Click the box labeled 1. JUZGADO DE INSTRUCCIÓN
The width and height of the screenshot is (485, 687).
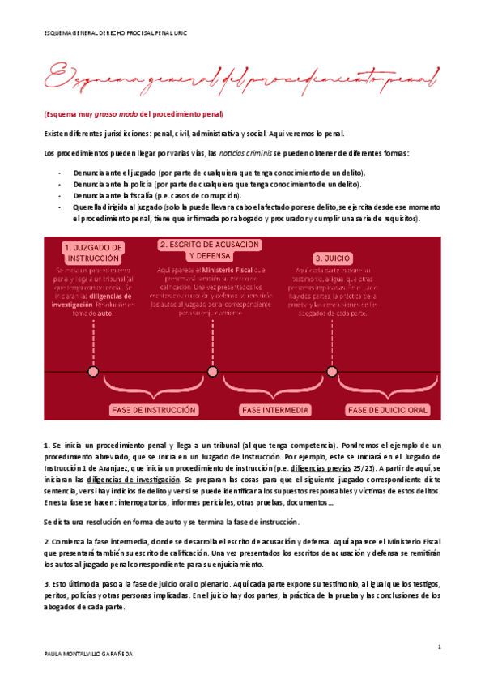tap(93, 252)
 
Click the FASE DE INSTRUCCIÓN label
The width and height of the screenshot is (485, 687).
tap(155, 410)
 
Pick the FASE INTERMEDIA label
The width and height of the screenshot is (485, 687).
tap(275, 410)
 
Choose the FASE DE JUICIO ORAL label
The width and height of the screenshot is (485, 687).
tap(388, 410)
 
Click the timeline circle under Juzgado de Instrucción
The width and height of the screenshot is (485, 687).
tap(93, 371)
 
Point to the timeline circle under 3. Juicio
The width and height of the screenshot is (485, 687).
tap(332, 371)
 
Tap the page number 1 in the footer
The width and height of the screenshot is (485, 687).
tap(438, 646)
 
